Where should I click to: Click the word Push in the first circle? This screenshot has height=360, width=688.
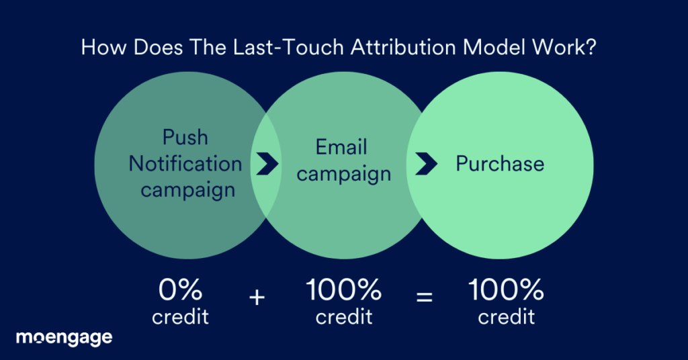click(185, 138)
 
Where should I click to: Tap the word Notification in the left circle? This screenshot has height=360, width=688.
click(185, 163)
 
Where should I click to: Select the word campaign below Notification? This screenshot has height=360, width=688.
click(188, 189)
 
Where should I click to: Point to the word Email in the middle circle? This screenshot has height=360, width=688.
click(342, 147)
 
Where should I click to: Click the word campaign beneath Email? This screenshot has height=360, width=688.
click(344, 173)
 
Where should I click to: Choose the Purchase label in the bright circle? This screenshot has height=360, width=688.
click(500, 163)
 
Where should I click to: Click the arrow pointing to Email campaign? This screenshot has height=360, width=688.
click(267, 164)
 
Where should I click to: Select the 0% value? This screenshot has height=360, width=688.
click(180, 290)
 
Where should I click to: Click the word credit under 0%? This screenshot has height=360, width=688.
click(180, 316)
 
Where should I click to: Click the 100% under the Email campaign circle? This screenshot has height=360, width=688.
click(344, 290)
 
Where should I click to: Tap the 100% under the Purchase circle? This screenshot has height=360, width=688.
click(506, 290)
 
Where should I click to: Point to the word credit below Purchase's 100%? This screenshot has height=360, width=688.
click(506, 316)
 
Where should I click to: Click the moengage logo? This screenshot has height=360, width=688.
click(64, 337)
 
